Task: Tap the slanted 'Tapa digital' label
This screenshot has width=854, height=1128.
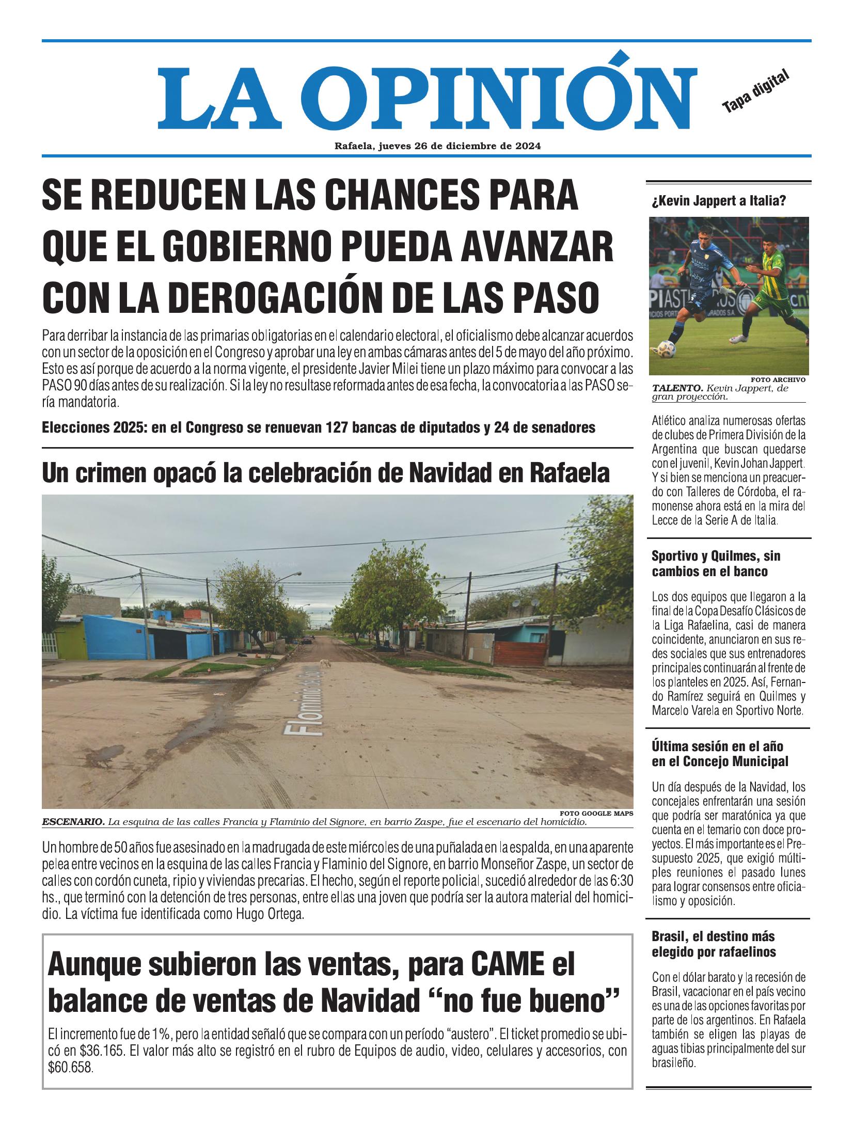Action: (x=756, y=91)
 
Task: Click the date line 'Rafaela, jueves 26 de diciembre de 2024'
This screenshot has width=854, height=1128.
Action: (x=437, y=146)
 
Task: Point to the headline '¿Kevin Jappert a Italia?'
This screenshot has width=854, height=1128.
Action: (x=719, y=201)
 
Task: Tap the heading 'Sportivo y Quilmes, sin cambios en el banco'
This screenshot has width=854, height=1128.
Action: (x=717, y=563)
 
